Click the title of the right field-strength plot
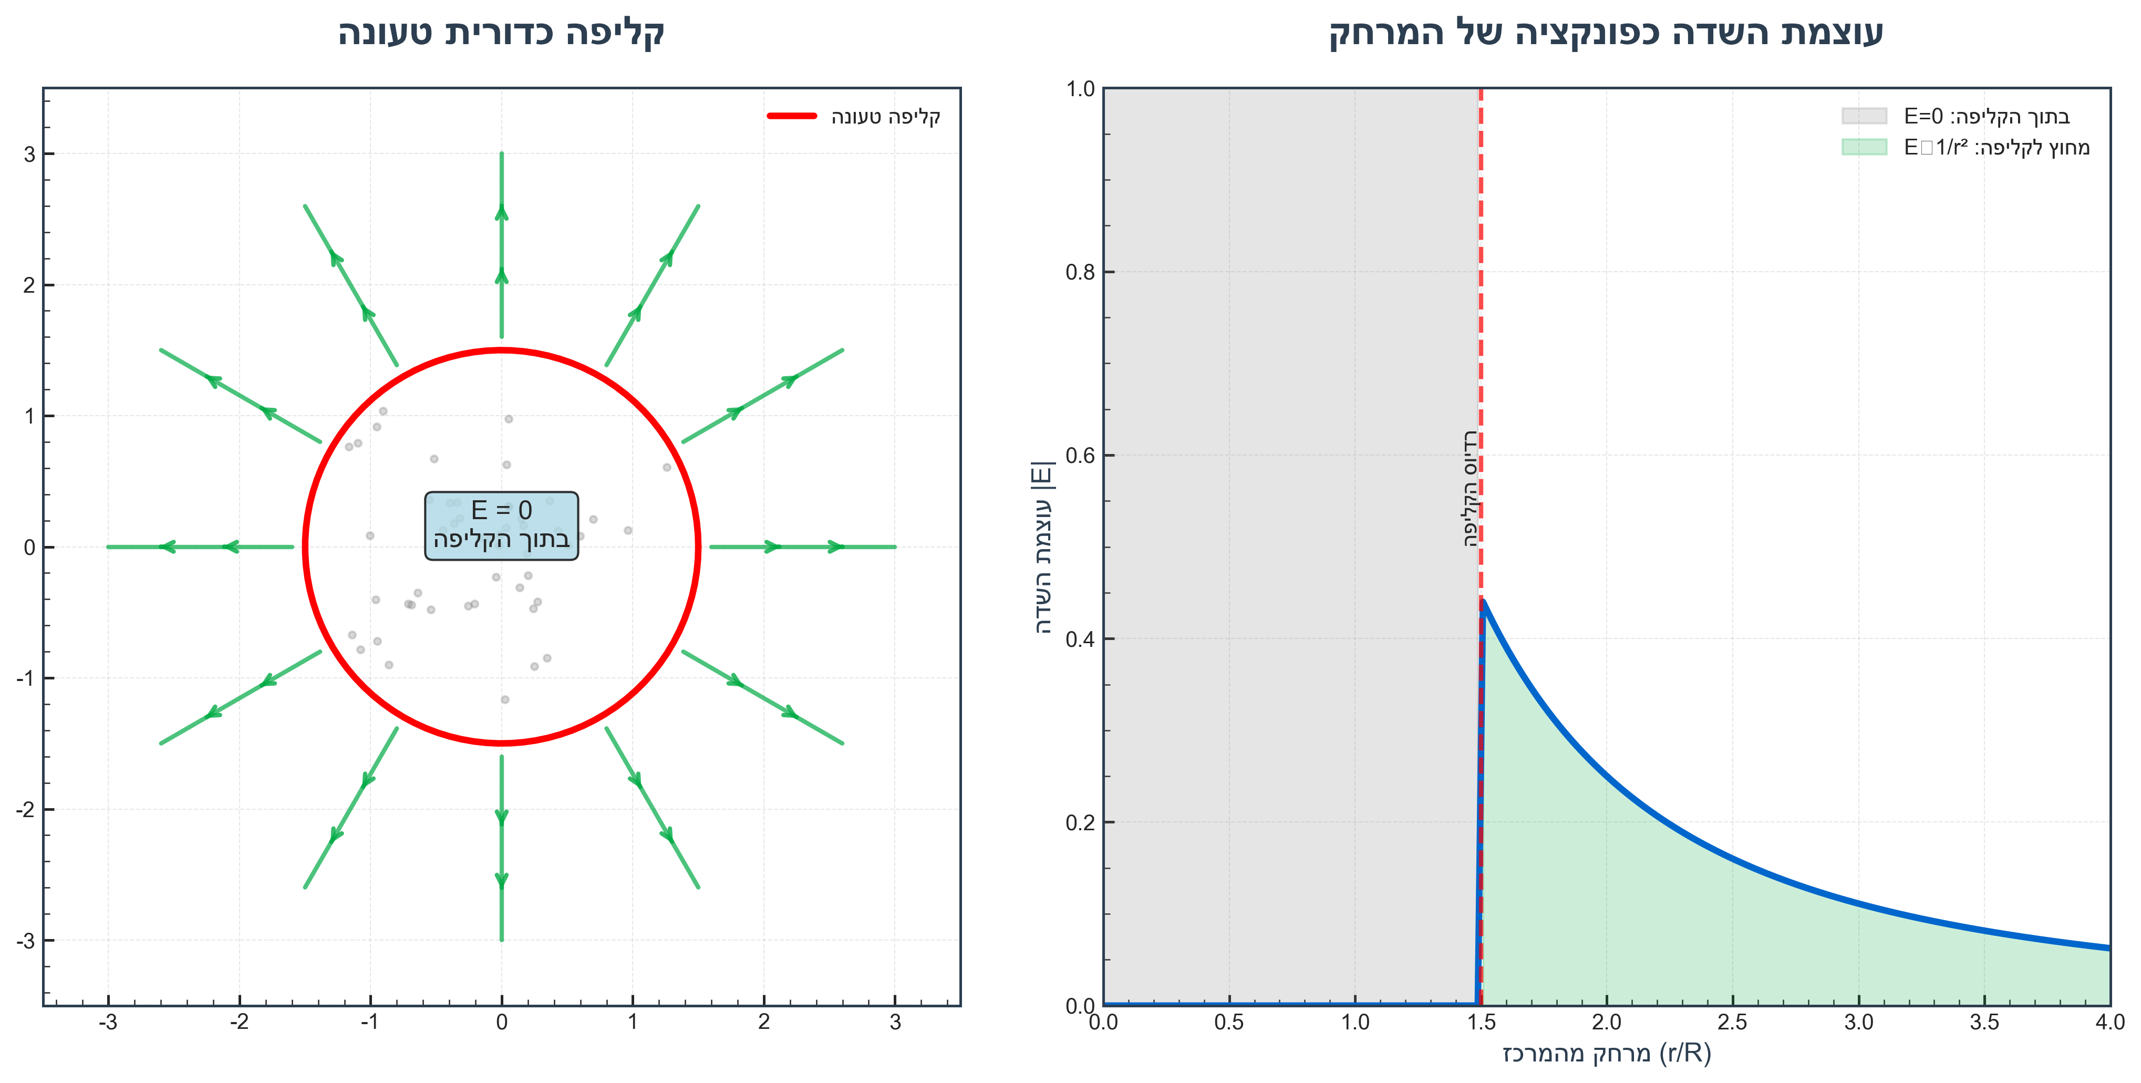pos(1605,33)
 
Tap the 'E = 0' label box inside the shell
pos(501,525)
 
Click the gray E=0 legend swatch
pos(1864,116)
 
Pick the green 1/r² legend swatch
pos(1864,147)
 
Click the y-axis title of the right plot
pos(1042,547)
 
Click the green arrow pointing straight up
pos(501,245)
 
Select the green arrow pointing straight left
pos(200,547)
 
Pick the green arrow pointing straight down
pos(501,848)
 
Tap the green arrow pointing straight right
pos(803,547)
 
